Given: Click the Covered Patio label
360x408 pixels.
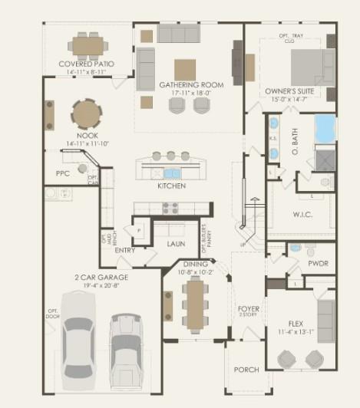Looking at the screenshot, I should (x=87, y=63).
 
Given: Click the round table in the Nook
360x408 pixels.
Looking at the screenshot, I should (x=87, y=114).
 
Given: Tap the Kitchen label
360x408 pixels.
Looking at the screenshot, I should (x=172, y=186).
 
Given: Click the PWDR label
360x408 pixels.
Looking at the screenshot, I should (x=317, y=263).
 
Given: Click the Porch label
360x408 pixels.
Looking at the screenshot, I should (x=247, y=370).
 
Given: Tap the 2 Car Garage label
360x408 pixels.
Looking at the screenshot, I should (x=101, y=276).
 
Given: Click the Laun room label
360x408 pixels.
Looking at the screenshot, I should (x=177, y=243).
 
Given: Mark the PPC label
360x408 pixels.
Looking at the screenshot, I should (x=63, y=173).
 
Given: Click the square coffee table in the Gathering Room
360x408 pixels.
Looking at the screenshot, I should (x=184, y=70).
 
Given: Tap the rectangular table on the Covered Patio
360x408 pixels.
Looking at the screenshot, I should (x=88, y=44).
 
